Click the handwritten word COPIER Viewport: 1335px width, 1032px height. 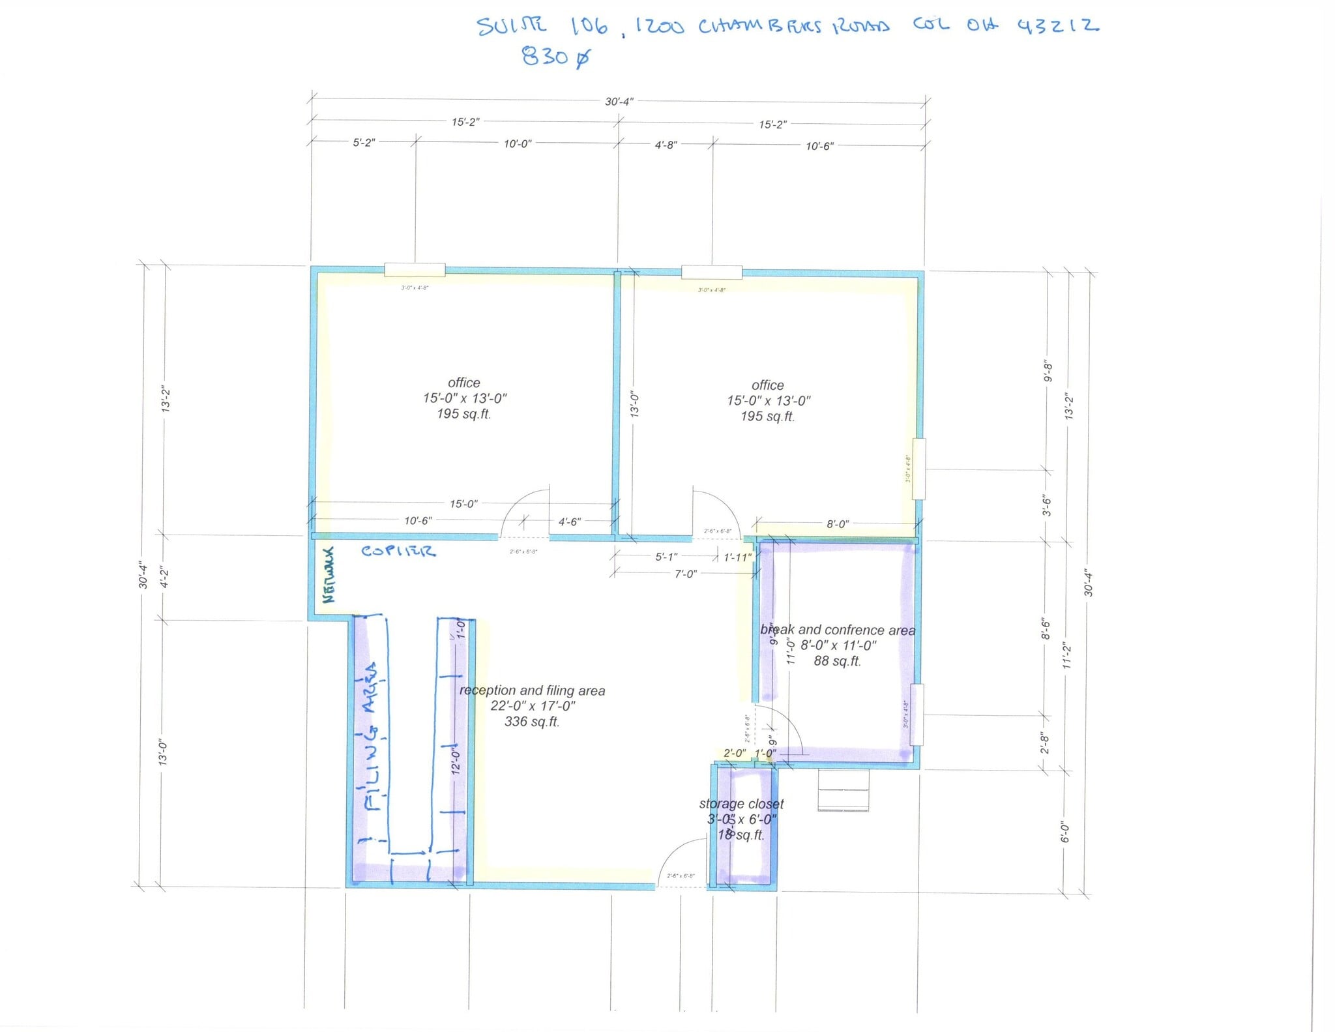coord(398,552)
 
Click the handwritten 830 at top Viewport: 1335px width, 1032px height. coord(556,57)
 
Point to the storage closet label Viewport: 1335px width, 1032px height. coord(741,804)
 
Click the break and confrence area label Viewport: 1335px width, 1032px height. coord(838,630)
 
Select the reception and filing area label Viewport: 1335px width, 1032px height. coord(532,690)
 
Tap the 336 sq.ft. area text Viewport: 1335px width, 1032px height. coord(532,722)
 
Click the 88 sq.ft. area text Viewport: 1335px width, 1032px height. coord(837,661)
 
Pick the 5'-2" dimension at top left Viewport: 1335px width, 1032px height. coord(364,143)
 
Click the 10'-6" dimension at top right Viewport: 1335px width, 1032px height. coord(819,146)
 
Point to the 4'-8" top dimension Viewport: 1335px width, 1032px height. coord(666,145)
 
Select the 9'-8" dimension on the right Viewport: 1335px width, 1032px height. coord(1048,371)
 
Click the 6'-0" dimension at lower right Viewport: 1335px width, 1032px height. coord(1064,832)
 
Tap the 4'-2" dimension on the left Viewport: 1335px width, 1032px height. coord(165,578)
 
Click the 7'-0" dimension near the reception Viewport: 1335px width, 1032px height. coord(685,574)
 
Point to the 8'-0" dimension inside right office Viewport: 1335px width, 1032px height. coord(838,524)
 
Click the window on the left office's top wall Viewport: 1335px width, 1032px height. coord(415,270)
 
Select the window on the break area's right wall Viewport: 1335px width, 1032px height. coord(917,715)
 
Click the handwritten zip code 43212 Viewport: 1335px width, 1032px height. coord(1057,26)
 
